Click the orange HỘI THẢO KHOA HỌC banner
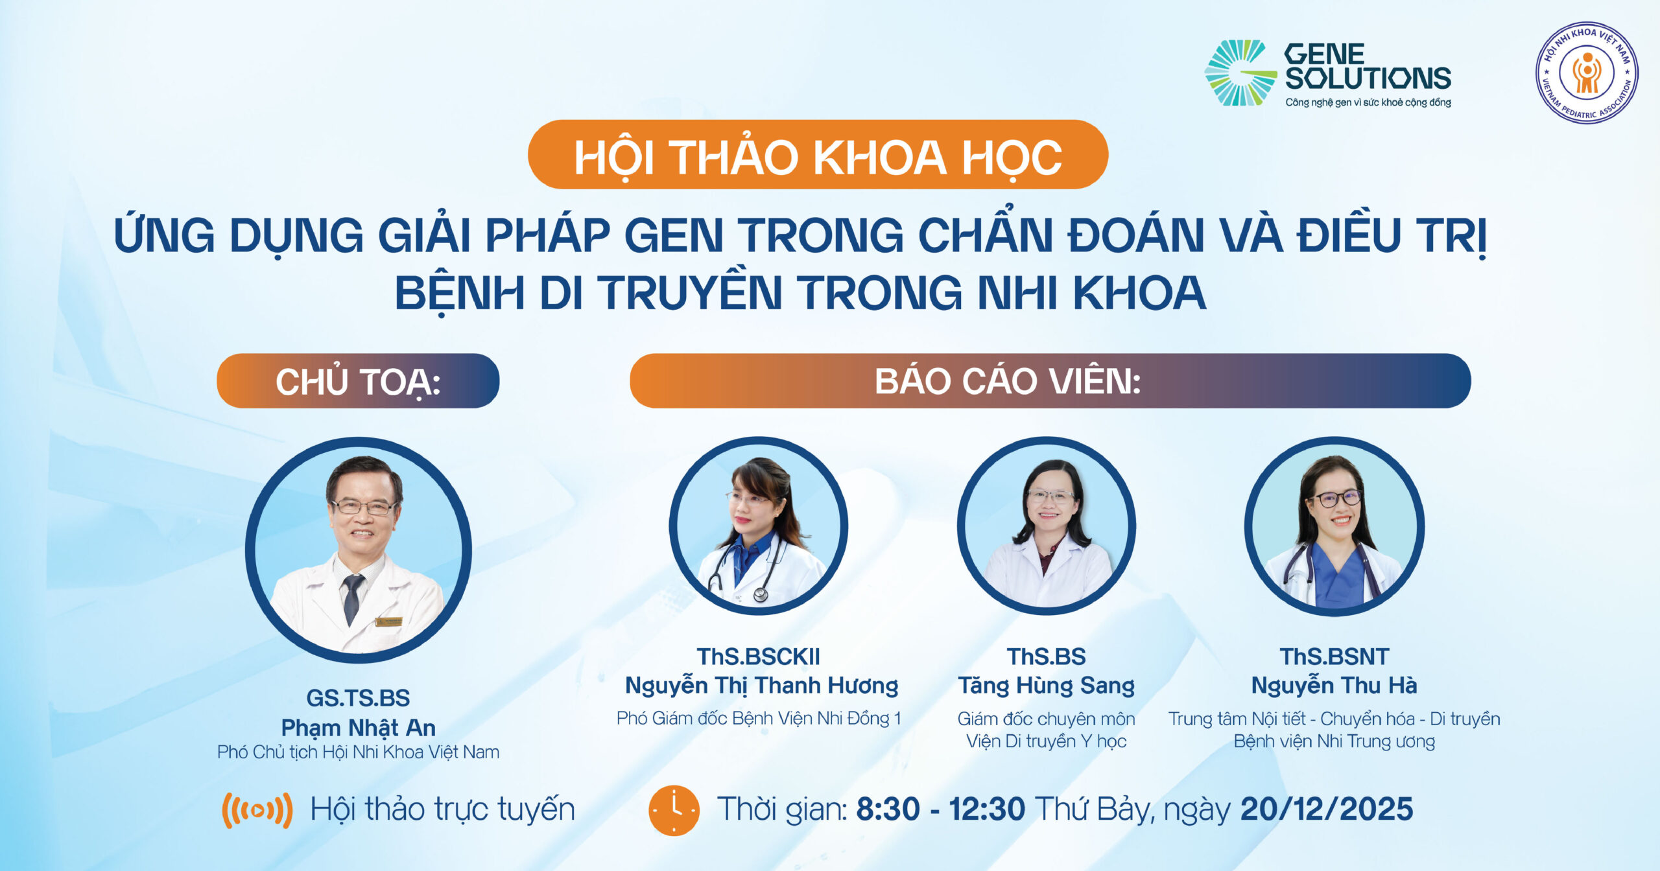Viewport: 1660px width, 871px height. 818,154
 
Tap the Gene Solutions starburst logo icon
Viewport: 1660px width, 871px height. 1239,73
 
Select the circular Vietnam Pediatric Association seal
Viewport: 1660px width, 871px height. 1586,73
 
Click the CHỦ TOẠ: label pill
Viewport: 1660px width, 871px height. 358,380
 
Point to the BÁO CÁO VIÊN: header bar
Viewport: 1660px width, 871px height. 1050,380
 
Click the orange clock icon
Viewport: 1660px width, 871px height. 674,810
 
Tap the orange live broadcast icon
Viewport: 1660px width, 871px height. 257,810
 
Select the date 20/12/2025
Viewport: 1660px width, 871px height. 1327,809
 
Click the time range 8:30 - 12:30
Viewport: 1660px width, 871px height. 941,809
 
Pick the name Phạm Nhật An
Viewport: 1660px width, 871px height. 358,728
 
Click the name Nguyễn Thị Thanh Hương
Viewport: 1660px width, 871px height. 761,686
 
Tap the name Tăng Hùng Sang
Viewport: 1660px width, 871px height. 1047,686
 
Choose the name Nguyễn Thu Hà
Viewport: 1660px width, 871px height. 1334,685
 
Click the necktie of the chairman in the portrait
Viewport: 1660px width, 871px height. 351,598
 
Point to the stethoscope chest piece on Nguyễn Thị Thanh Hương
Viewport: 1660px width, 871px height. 760,594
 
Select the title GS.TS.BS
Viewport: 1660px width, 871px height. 358,698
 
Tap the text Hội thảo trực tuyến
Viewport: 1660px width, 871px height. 443,810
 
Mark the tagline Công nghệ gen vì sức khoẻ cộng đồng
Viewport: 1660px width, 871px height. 1368,102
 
